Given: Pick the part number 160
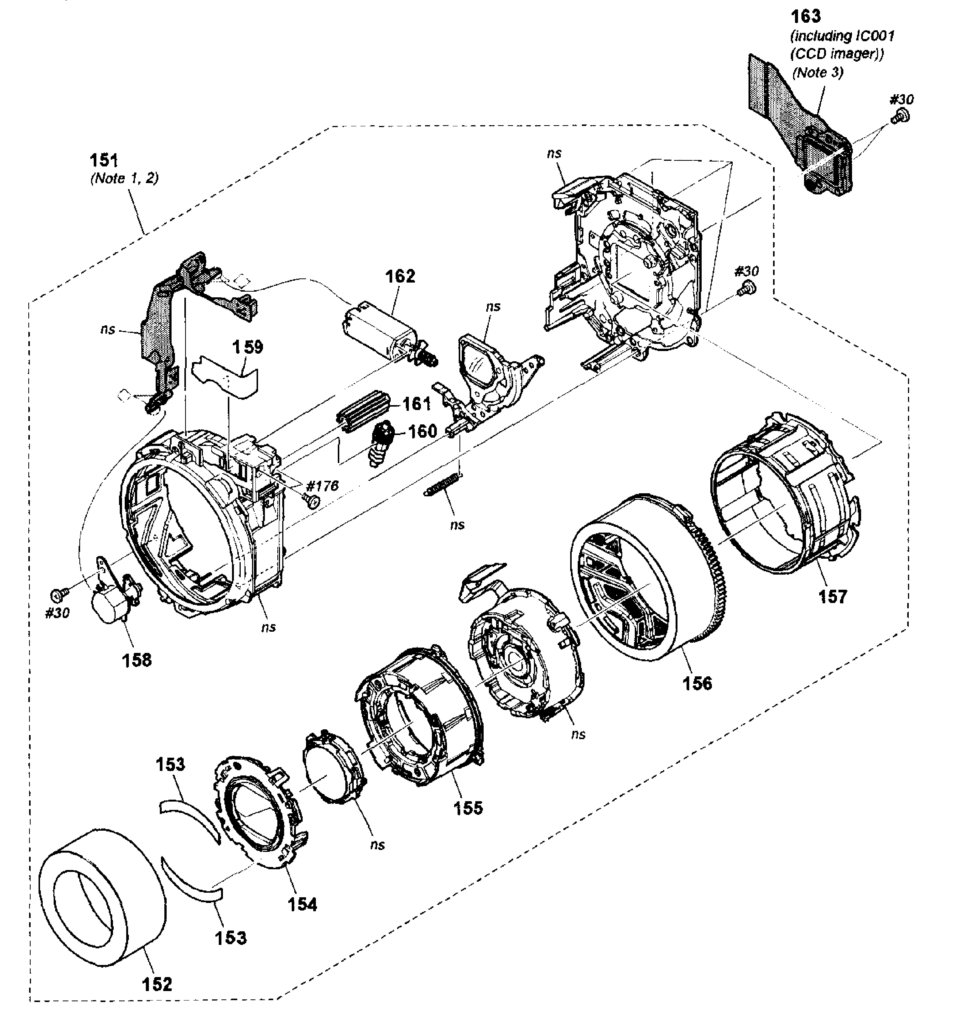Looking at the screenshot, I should tap(422, 431).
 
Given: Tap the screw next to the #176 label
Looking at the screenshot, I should tap(311, 500).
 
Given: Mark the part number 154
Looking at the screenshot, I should tap(302, 904).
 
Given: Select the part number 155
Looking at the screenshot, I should tap(468, 808).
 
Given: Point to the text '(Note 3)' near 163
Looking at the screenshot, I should tap(818, 72).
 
